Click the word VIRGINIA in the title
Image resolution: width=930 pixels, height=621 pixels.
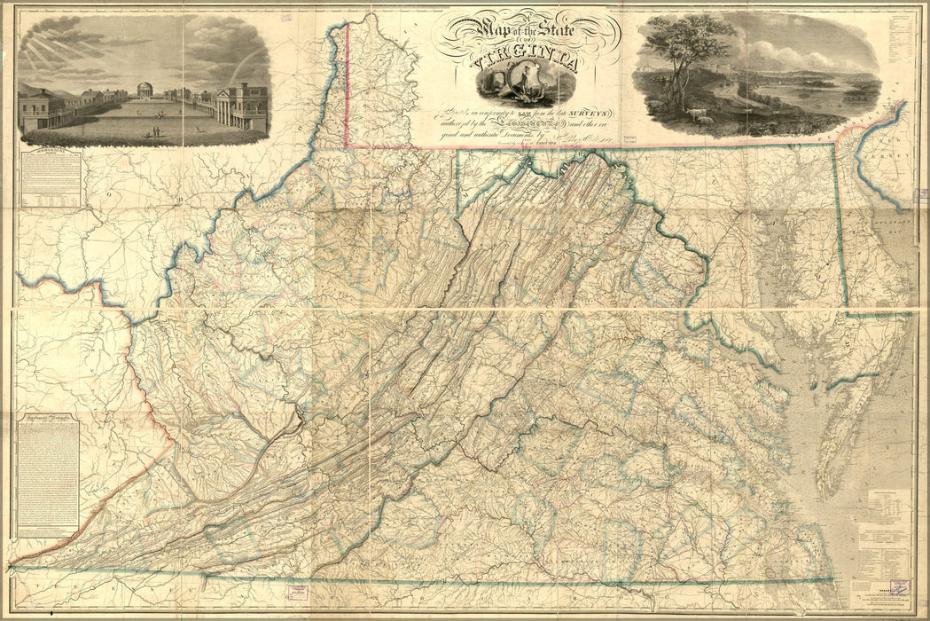click(525, 64)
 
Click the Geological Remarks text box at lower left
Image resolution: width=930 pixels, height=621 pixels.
click(48, 474)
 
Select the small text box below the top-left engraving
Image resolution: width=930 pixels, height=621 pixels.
click(49, 177)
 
